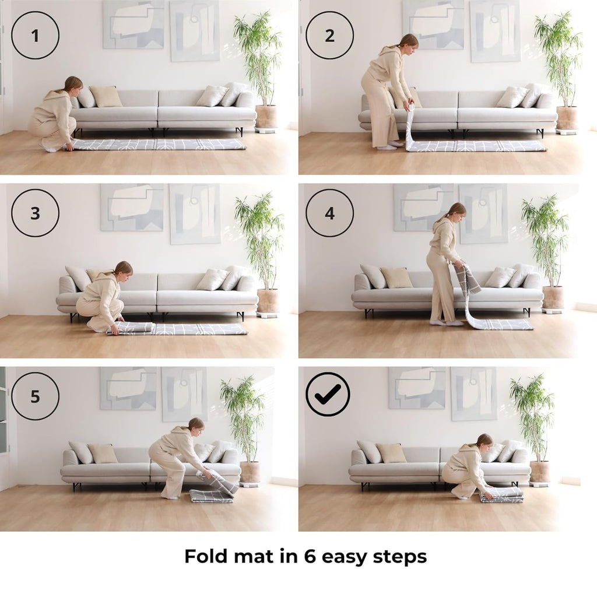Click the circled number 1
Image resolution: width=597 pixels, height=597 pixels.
click(35, 35)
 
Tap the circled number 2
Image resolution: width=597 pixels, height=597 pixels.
click(330, 35)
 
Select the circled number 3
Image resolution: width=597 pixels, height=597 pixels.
click(35, 213)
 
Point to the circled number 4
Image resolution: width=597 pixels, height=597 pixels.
click(330, 213)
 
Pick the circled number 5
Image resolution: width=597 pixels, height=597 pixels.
click(35, 396)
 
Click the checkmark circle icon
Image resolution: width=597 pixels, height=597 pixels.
click(328, 394)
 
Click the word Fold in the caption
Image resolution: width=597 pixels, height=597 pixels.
click(206, 556)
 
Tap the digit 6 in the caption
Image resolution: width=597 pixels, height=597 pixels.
click(310, 557)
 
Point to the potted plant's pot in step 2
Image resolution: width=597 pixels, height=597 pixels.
click(567, 118)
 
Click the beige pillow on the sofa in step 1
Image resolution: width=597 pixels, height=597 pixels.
click(106, 96)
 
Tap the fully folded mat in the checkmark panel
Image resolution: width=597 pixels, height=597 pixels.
click(501, 494)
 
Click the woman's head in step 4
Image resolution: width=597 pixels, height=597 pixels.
click(456, 212)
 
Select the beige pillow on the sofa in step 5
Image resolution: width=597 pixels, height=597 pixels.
click(103, 454)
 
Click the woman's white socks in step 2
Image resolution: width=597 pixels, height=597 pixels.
click(391, 146)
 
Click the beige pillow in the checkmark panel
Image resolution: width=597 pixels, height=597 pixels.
click(391, 452)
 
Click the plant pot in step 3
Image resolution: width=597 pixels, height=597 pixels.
click(268, 301)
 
